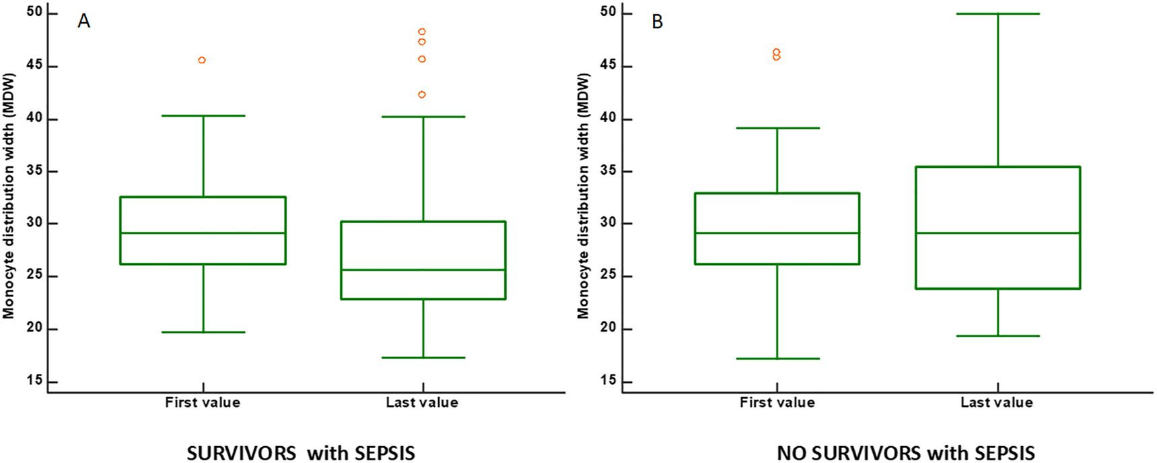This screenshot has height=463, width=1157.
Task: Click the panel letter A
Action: point(83,21)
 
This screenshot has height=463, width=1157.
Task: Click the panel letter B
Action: point(657,22)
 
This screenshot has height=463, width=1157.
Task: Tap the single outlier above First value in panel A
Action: point(202,60)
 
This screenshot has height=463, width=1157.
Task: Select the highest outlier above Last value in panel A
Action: point(422,32)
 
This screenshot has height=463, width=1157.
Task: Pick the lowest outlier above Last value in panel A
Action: point(422,94)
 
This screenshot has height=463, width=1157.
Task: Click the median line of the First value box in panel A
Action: point(203,233)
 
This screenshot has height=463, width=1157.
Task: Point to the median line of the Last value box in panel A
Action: point(423,270)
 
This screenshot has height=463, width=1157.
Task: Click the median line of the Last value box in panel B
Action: point(997,233)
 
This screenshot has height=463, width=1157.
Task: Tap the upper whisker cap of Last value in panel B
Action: point(997,13)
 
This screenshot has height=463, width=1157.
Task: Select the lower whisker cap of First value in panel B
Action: point(777,359)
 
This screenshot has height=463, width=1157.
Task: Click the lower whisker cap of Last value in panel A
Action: point(423,357)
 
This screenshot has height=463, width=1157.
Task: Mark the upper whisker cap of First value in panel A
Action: point(203,116)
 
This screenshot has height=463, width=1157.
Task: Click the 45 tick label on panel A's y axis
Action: point(34,65)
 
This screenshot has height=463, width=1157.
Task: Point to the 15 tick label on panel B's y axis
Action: point(608,380)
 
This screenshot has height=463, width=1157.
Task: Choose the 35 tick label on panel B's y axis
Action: point(608,171)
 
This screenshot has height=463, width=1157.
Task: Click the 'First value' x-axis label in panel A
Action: point(203,403)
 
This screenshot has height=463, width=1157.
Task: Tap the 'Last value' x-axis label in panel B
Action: point(996,403)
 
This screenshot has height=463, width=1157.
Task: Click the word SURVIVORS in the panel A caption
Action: point(241,453)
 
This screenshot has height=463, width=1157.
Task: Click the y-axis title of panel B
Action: point(583,195)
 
